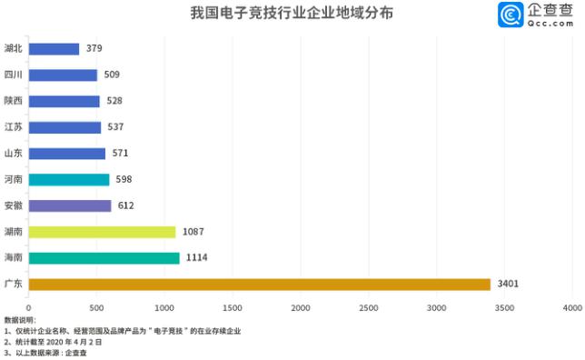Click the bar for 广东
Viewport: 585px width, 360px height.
(x=260, y=285)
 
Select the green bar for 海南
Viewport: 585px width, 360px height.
(x=104, y=258)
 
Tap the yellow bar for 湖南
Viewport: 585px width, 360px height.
(x=102, y=232)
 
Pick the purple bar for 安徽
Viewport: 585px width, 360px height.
(x=70, y=205)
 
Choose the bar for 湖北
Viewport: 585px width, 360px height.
(x=54, y=48)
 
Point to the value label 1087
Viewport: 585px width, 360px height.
(x=193, y=232)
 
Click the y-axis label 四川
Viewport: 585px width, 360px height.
(x=14, y=75)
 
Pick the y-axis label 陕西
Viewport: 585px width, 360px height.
(x=14, y=101)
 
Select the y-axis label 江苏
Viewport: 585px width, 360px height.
(x=14, y=127)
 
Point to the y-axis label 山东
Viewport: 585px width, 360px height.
(x=14, y=154)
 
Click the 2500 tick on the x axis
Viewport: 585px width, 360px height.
(x=368, y=308)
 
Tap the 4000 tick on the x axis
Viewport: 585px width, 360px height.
(x=571, y=308)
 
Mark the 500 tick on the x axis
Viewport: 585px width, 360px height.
(x=96, y=308)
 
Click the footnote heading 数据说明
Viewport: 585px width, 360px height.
(x=20, y=320)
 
